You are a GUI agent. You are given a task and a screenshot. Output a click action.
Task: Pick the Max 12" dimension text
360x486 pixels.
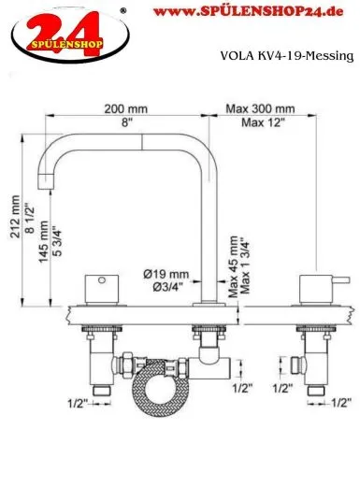[252, 123]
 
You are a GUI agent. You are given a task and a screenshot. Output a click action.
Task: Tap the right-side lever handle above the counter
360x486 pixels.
[310, 286]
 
